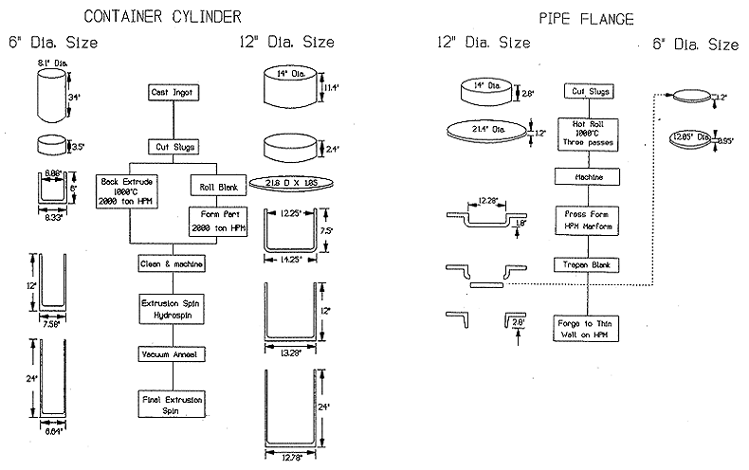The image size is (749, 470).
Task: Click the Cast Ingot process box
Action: pos(172,92)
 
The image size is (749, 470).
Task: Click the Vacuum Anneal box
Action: pos(172,353)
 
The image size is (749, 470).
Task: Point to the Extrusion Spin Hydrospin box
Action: pos(172,308)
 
